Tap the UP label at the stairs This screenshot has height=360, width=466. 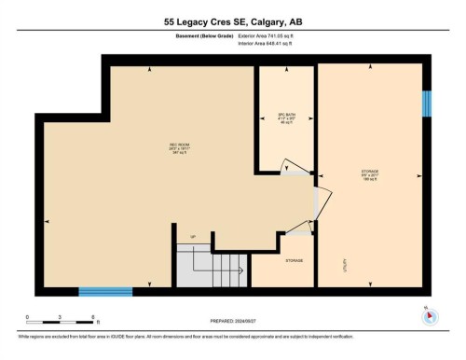193,236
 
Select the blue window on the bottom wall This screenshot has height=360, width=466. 105,292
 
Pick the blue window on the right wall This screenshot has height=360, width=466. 428,104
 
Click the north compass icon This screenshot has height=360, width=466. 429,314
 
